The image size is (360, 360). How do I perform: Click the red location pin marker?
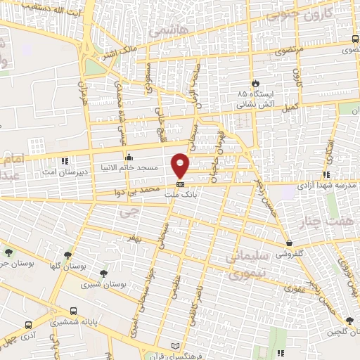click(x=181, y=165)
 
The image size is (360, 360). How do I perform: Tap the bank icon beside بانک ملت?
click(x=181, y=185)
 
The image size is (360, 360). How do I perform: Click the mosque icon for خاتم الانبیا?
click(x=128, y=157)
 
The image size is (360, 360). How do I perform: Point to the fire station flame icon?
click(x=255, y=82)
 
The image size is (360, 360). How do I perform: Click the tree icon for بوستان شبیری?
click(x=104, y=274)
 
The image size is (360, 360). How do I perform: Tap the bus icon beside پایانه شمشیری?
click(x=74, y=310)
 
